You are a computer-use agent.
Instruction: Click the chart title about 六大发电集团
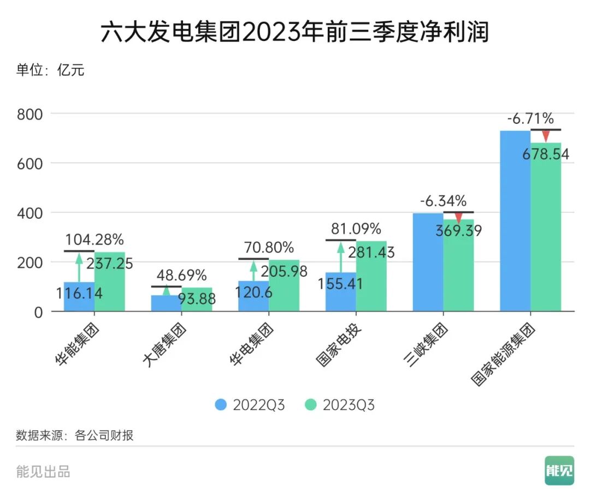(294, 32)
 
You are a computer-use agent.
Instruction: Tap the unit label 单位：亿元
(50, 70)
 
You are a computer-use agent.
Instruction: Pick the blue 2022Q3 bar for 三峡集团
(428, 262)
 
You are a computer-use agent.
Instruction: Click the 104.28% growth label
(95, 240)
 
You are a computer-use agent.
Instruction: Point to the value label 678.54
(545, 154)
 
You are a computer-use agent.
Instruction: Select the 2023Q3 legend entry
(340, 405)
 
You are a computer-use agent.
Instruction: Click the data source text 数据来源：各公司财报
(75, 436)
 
